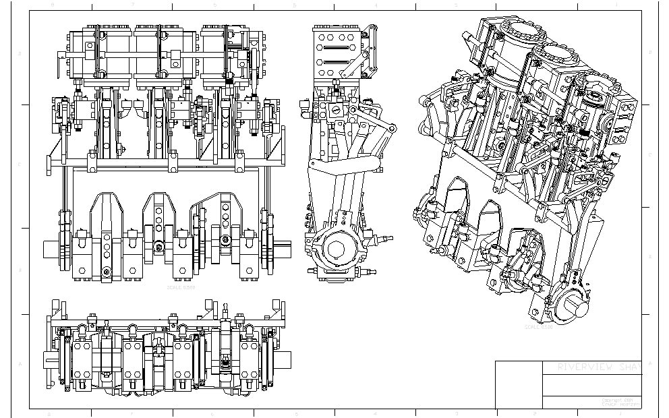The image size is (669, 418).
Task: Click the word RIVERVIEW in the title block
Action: click(x=585, y=367)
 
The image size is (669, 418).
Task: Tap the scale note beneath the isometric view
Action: click(x=539, y=328)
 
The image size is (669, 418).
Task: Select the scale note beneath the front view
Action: click(x=181, y=287)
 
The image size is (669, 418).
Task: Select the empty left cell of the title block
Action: click(x=519, y=384)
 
